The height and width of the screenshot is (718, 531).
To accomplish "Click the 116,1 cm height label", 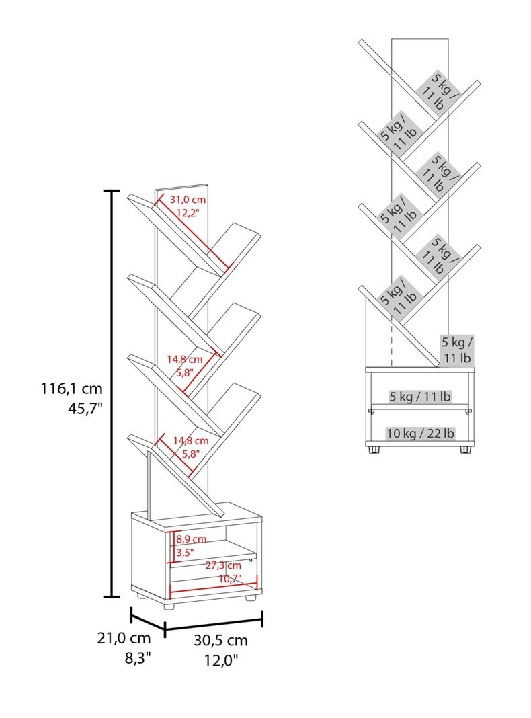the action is coord(71,389).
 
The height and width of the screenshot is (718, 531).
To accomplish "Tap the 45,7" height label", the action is coord(85,409).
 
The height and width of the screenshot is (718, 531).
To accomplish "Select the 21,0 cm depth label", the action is coord(124,638).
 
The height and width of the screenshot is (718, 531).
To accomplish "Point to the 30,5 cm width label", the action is coord(220,640).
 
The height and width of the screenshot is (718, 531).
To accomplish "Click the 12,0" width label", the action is coord(222,660).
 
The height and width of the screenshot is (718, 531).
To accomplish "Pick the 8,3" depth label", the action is coord(138,658).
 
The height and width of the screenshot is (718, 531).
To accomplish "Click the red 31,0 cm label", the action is coord(188,200).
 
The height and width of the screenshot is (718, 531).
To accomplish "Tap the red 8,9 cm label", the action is coord(192,539).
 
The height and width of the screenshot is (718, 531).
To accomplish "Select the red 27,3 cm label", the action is coord(223,565).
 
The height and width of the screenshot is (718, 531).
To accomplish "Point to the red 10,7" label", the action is coord(230,578).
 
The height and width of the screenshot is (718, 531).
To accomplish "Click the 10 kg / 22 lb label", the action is coord(421,433).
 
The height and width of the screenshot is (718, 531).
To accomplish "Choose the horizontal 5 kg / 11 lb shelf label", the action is coord(420,397).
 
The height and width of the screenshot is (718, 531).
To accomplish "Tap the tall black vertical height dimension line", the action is coord(111,394).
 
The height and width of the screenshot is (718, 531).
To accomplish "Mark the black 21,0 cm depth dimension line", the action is coord(148,621).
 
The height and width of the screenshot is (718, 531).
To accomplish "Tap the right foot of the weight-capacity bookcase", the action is coord(466,450).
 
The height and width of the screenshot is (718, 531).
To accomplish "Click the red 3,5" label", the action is coord(185,552).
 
